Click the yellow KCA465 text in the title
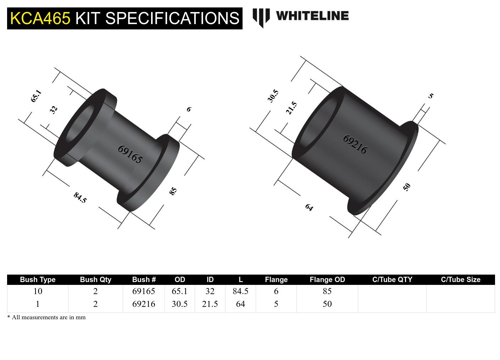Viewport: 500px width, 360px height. point(40,18)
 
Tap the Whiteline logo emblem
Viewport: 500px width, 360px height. point(261,18)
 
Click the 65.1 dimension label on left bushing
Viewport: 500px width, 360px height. point(36,96)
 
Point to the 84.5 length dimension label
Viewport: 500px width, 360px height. point(80,197)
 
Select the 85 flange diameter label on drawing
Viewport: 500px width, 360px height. point(173,191)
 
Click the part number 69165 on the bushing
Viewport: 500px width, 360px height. point(130,154)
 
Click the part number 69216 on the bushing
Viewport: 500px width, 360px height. point(355,144)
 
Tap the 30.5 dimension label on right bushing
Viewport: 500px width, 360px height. point(273,96)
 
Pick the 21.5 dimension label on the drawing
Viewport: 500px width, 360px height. point(291,108)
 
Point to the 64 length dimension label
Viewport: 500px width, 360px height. point(309,207)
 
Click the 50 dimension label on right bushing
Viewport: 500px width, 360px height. point(407,187)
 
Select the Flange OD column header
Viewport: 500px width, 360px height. point(327,280)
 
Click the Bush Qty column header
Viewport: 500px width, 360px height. point(95,280)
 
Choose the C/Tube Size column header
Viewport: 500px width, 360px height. point(460,280)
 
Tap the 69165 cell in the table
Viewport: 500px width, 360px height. point(144,291)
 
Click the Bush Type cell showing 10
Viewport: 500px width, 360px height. point(38,291)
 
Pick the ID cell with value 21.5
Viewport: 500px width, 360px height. point(210,304)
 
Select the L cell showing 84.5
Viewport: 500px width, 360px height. point(240,291)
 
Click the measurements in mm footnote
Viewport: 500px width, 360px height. point(46,317)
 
